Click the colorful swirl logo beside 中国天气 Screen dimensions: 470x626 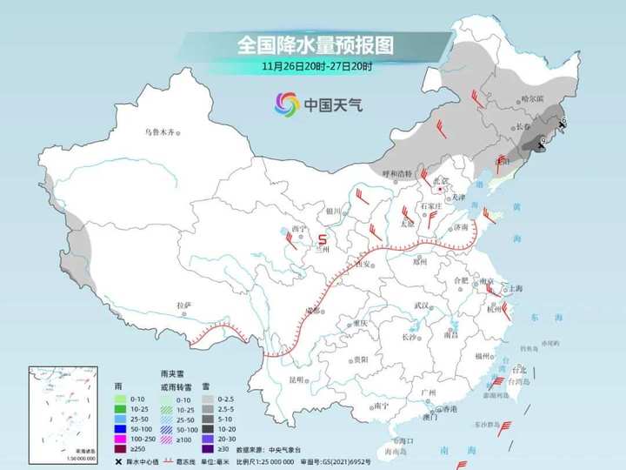(x=286, y=106)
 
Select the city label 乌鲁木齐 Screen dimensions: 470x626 (x=160, y=131)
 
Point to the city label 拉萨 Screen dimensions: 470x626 (x=183, y=305)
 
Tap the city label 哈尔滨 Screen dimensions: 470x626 (x=530, y=99)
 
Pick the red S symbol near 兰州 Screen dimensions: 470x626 (x=323, y=237)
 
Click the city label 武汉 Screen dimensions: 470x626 (x=423, y=305)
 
